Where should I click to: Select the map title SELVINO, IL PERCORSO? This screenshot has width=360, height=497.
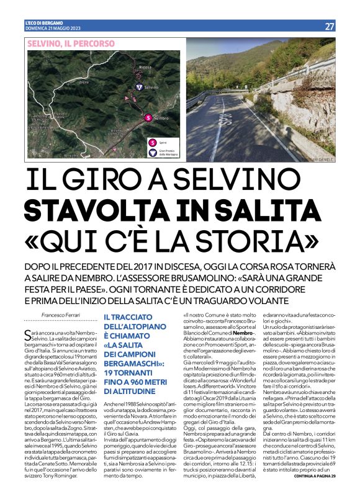71,44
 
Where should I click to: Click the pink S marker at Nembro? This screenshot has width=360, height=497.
148,117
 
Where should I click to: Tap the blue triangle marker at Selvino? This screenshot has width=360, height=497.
140,87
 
